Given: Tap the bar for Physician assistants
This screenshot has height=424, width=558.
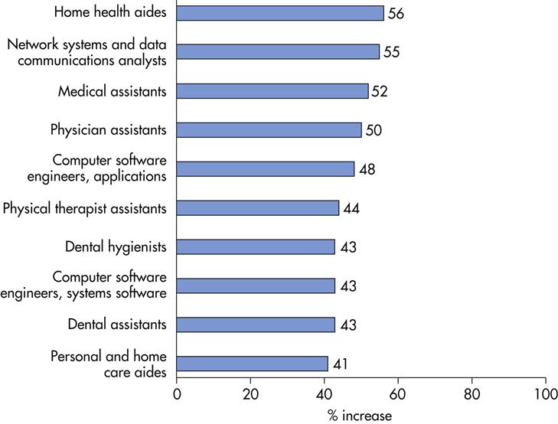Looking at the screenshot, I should pos(269,130).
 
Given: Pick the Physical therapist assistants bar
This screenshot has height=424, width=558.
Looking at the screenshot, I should pos(258,208).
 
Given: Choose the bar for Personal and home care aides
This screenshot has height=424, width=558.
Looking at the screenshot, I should pos(253,364).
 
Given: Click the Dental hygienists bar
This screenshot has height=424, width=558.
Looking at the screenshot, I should pos(256,246).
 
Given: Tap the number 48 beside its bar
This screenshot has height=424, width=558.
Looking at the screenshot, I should pos(367,169).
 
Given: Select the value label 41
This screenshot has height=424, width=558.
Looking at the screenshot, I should pos(340,364).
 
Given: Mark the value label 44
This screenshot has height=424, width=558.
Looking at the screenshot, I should pos(351,208).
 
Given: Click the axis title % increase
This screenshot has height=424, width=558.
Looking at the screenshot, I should pos(361,415).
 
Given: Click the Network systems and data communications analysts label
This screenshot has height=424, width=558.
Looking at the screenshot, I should pos(87,52).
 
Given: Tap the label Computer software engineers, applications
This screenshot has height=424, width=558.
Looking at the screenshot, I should pos(109,169).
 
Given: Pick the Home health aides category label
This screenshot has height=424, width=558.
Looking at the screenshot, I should pos(111,13).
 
